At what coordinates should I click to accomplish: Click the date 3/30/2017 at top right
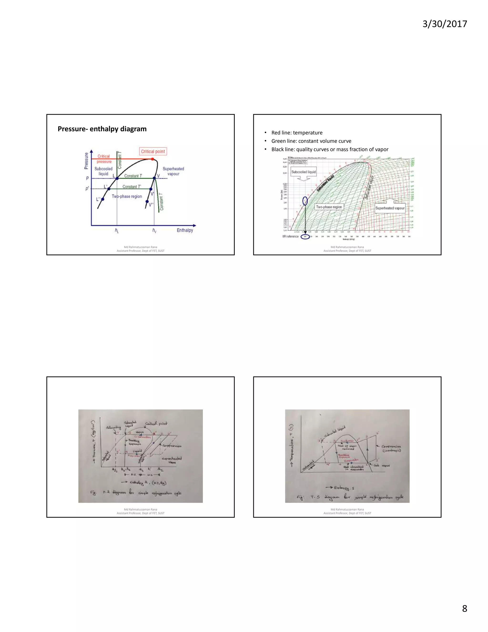coord(445,24)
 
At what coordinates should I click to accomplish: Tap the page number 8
coord(464,608)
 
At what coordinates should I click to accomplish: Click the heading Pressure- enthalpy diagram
coord(102,129)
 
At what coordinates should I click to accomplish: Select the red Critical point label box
coord(153,151)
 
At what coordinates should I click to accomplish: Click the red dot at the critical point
coord(152,159)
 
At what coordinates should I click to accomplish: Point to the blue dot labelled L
coord(117,179)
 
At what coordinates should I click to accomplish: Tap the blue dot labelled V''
coord(147,202)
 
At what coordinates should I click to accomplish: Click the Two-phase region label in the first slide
coord(127,197)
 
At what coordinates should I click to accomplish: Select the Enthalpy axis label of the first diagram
coord(185,230)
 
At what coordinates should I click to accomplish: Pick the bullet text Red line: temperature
coord(297,133)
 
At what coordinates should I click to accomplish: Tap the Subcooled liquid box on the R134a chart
coord(303,172)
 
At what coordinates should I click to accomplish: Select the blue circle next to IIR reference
coord(305,237)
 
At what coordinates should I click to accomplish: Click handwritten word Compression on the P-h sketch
coord(172,446)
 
